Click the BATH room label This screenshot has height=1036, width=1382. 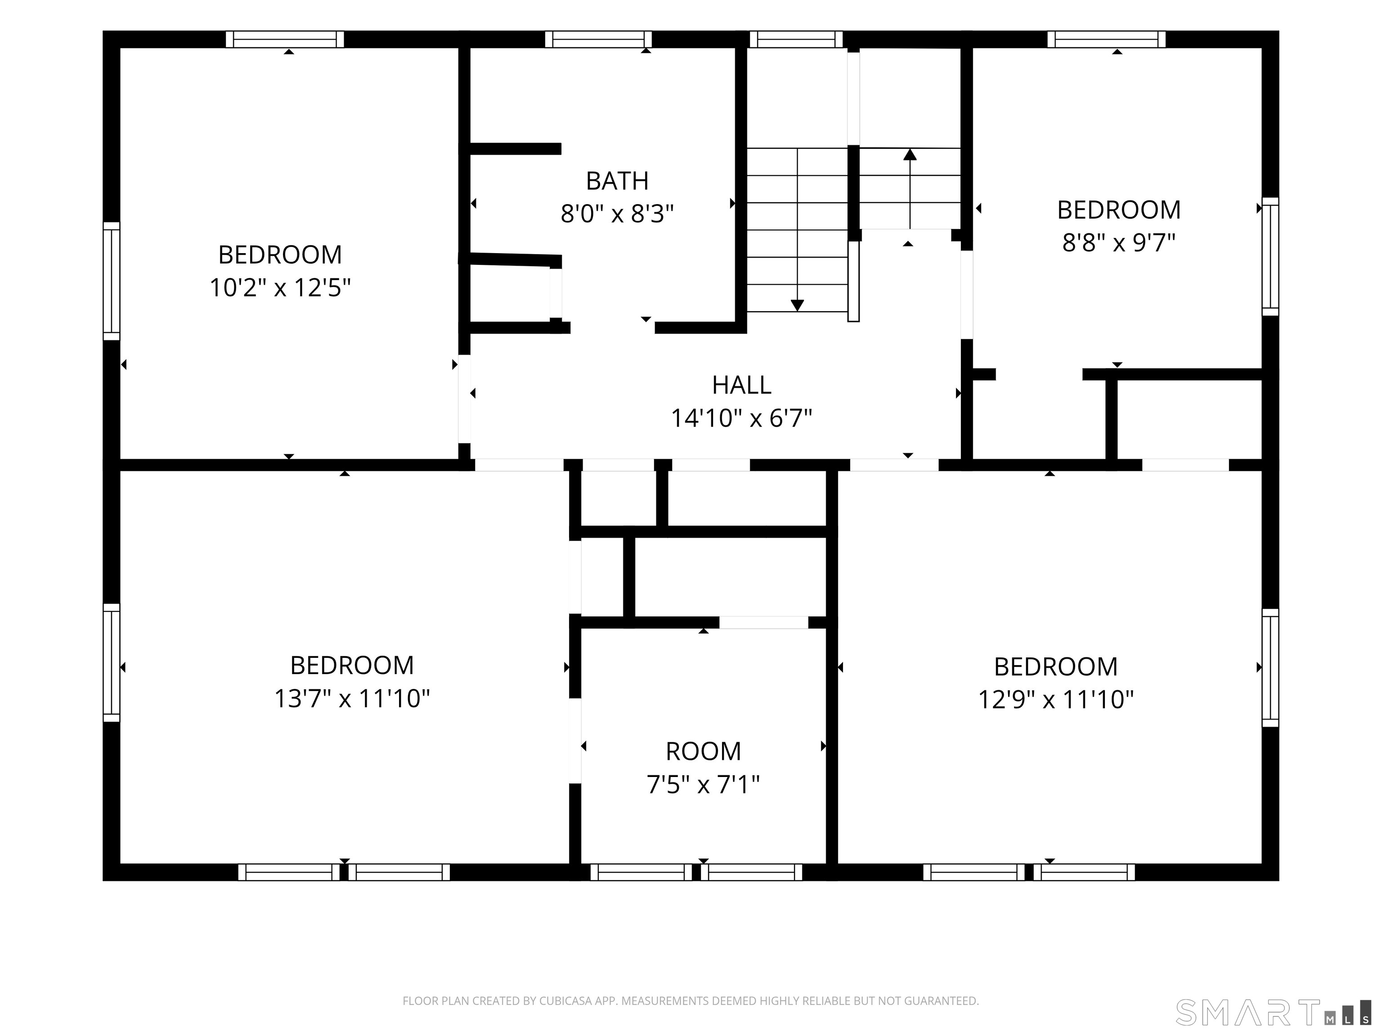(x=617, y=181)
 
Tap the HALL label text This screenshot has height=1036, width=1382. (x=741, y=385)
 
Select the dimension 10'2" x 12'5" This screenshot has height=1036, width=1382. (x=280, y=288)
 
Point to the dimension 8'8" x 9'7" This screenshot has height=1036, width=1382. (x=1118, y=242)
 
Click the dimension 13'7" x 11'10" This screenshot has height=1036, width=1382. (x=352, y=698)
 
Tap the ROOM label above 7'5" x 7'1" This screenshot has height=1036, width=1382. (x=704, y=751)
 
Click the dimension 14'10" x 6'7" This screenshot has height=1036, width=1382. (x=741, y=418)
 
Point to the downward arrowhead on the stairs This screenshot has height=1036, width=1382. (x=797, y=305)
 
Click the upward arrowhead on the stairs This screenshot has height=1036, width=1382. (x=910, y=154)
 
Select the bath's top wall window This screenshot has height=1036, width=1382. (x=598, y=39)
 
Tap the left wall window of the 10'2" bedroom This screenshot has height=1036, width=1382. (x=111, y=281)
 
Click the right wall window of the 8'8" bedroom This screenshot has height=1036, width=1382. (x=1270, y=257)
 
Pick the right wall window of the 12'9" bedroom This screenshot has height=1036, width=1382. (x=1270, y=668)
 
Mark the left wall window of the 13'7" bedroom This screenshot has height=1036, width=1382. (x=111, y=663)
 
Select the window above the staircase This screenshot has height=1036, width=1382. (x=796, y=39)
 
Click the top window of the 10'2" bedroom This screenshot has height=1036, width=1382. (x=285, y=39)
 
